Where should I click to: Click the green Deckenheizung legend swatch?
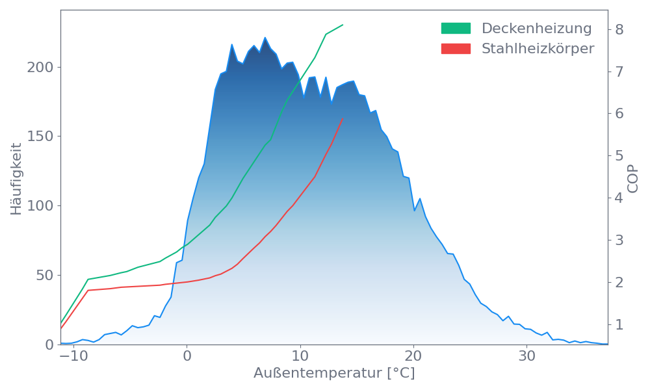(456, 29)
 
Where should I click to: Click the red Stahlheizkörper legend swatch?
(456, 49)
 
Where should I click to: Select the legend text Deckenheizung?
(536, 29)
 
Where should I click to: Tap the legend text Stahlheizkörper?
(538, 49)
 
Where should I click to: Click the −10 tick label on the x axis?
(73, 357)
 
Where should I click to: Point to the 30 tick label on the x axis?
(526, 357)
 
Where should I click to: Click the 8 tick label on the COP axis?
(619, 29)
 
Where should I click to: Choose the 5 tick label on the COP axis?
(619, 156)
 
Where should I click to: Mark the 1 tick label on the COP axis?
(619, 324)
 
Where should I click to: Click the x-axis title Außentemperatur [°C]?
(334, 374)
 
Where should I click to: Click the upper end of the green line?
(343, 25)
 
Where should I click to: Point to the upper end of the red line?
(343, 119)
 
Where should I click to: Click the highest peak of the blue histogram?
(265, 38)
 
